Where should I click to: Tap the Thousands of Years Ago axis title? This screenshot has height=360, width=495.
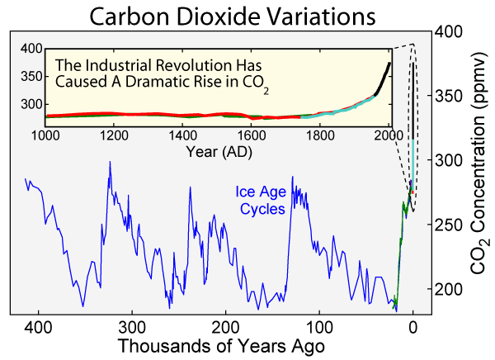pyautogui.click(x=219, y=345)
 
